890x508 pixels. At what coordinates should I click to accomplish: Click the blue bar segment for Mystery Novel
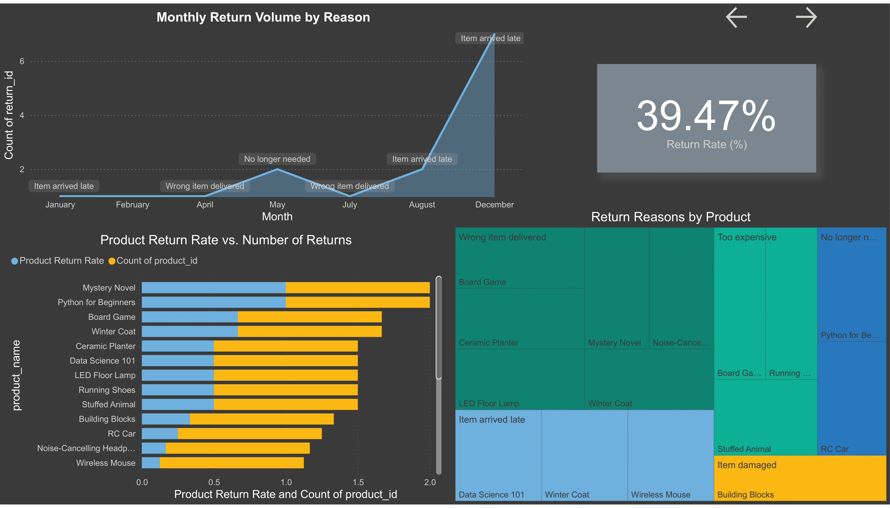tap(213, 288)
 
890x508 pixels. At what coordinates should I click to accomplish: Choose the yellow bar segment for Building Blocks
tap(261, 419)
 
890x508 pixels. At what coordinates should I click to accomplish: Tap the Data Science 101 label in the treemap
tap(491, 495)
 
